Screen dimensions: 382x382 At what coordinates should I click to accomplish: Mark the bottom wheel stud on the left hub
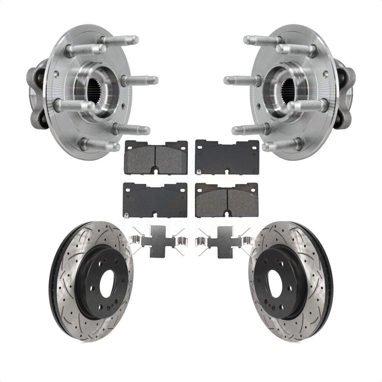pyautogui.click(x=99, y=145)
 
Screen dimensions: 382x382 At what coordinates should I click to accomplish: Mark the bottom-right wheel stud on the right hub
pyautogui.click(x=283, y=145)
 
